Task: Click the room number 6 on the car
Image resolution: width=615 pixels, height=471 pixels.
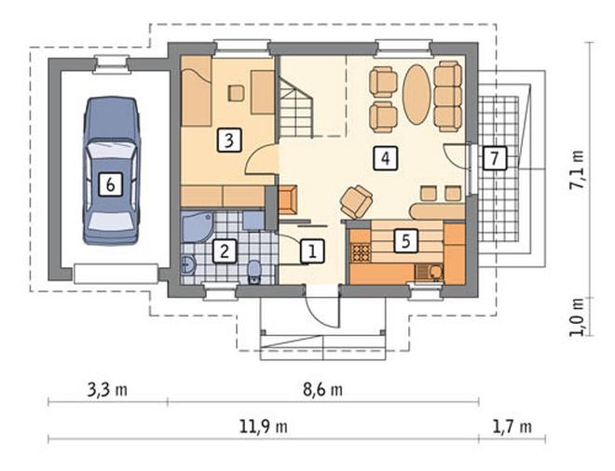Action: point(110,184)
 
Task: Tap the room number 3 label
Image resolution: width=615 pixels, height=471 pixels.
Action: point(229,140)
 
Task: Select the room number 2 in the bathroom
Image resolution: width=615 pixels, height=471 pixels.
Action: point(225,250)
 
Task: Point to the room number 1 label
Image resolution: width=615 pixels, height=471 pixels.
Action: point(312,250)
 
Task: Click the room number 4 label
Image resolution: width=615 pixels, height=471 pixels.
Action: point(386,158)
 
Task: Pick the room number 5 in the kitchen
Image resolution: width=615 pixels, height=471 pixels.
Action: point(406,240)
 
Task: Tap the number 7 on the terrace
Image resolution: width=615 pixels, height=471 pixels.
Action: point(494,158)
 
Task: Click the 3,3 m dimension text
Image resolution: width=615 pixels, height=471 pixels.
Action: point(107,390)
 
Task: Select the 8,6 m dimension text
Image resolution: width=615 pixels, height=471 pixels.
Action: point(322,390)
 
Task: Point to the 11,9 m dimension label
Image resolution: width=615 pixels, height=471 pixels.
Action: point(264,426)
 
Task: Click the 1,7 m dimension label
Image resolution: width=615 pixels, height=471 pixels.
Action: point(512,426)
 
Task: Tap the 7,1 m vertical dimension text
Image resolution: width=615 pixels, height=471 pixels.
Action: point(577,169)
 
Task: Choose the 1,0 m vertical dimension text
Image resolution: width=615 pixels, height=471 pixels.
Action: point(577,317)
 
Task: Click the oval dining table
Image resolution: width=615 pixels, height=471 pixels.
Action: point(417,94)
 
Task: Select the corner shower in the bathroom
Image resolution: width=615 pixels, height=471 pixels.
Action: point(196,227)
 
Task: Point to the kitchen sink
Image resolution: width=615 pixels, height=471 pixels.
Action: point(429,271)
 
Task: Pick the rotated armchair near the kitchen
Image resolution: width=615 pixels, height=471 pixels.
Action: point(356,201)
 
